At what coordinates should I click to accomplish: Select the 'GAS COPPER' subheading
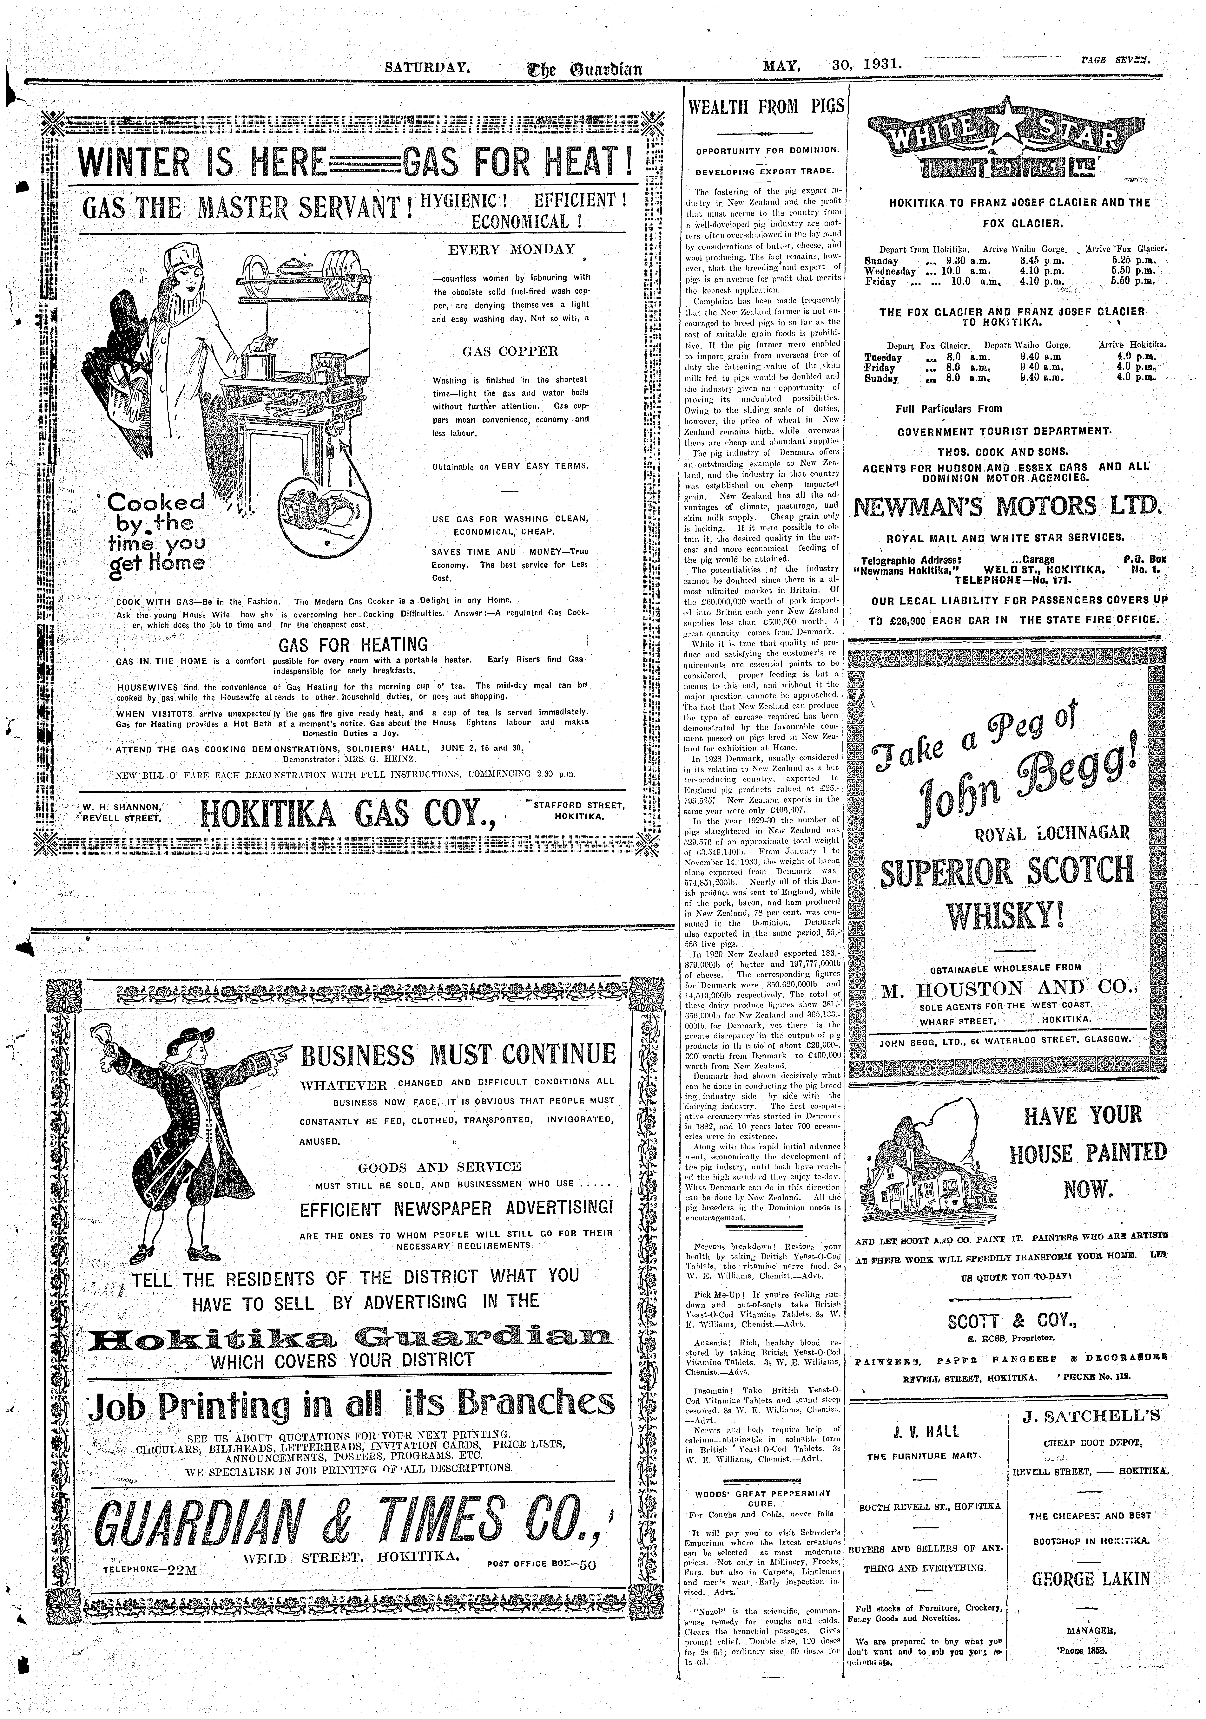pos(510,351)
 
